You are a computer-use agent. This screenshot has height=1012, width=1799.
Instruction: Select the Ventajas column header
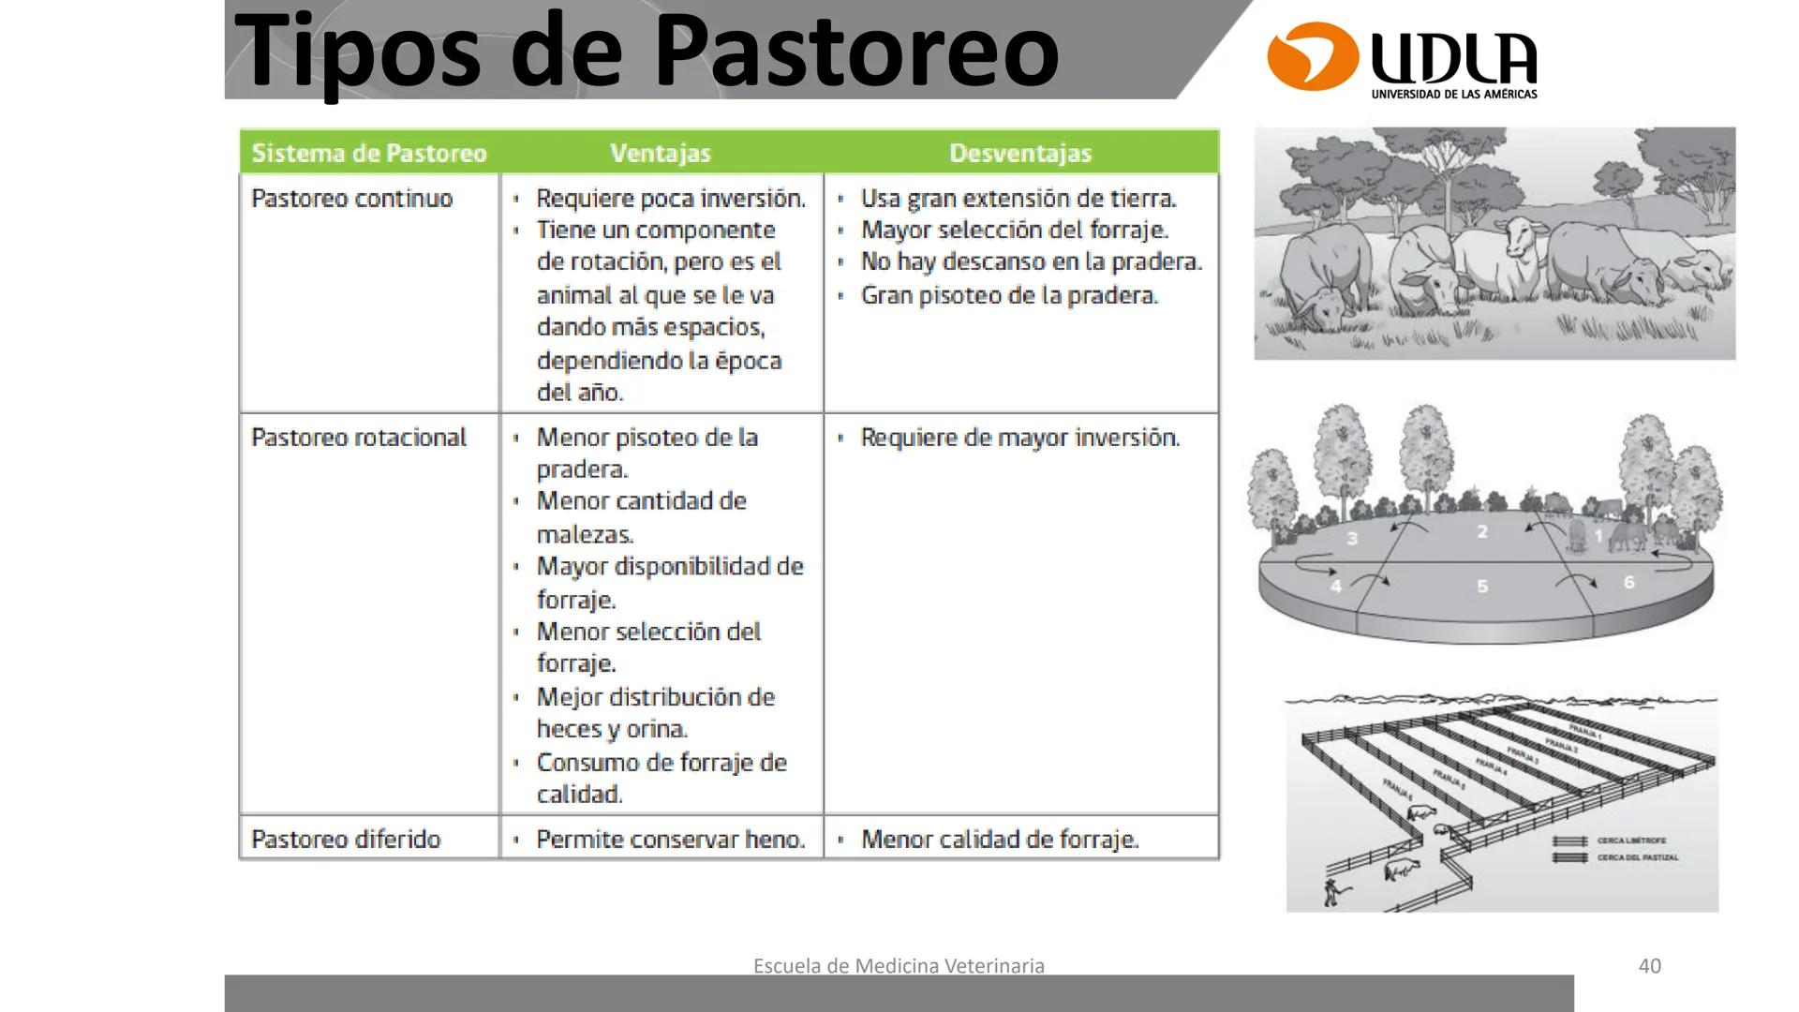click(x=661, y=153)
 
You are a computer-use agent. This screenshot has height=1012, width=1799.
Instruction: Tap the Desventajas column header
click(x=1020, y=153)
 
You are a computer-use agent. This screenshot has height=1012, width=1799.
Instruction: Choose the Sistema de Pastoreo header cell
click(x=369, y=153)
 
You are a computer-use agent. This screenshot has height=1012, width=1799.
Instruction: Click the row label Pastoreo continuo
click(x=352, y=199)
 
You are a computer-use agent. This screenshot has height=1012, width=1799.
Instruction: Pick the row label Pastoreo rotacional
click(x=359, y=438)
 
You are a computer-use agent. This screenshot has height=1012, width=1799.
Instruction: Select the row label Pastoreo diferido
click(x=346, y=839)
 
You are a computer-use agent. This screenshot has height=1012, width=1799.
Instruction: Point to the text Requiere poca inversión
click(x=671, y=199)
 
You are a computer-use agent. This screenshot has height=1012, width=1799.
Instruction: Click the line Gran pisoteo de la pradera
click(x=1009, y=295)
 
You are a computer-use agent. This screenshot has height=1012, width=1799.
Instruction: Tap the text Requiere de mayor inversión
click(x=1019, y=438)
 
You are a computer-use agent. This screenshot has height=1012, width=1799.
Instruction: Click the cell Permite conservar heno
click(x=671, y=839)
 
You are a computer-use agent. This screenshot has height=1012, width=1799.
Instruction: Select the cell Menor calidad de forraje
click(x=1000, y=839)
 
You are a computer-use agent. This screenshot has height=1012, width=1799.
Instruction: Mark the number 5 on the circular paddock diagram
click(x=1482, y=587)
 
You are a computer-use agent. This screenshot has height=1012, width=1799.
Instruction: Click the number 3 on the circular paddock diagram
click(x=1352, y=539)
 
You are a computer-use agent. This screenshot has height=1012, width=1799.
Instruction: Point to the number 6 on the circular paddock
click(x=1629, y=583)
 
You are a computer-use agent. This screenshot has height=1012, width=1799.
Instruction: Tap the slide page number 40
click(x=1649, y=965)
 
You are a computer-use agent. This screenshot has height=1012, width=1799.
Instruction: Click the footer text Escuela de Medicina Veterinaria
click(x=899, y=965)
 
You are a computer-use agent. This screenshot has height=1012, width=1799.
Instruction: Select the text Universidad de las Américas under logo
click(x=1453, y=95)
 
